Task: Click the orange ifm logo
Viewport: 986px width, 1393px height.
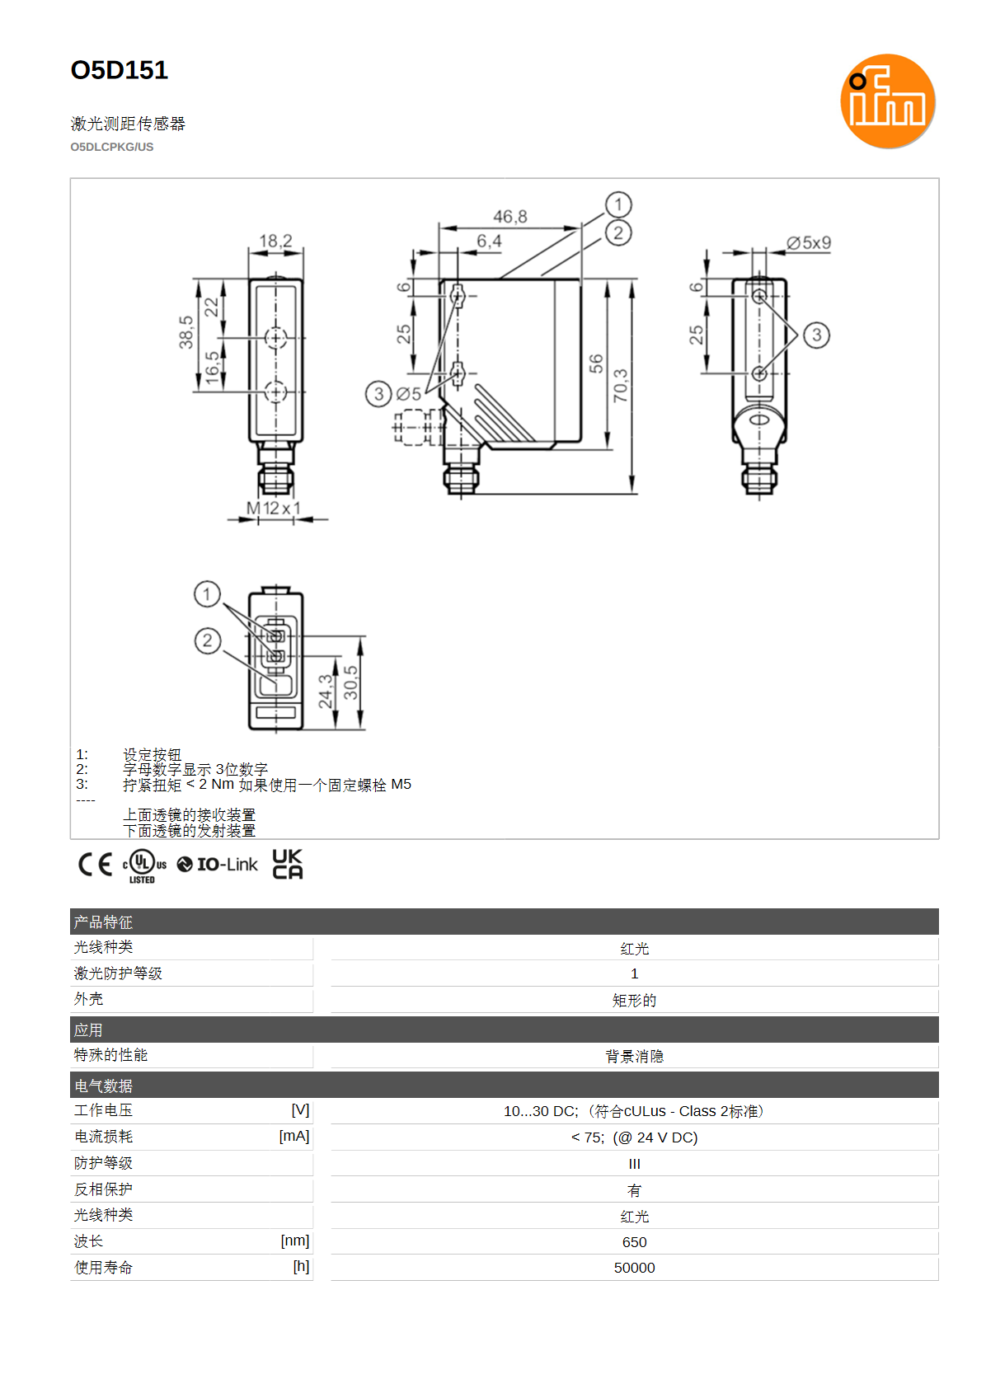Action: (887, 101)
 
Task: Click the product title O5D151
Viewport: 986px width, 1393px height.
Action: (120, 70)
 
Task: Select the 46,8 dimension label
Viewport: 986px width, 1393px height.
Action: (510, 217)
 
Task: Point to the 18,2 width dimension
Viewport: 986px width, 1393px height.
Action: (275, 241)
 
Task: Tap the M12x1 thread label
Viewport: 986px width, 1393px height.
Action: (274, 508)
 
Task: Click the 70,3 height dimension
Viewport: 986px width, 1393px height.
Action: (620, 386)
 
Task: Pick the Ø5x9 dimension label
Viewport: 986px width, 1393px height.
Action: (809, 242)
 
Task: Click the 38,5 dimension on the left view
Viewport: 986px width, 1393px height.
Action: (186, 332)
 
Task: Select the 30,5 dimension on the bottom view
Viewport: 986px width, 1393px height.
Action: (351, 682)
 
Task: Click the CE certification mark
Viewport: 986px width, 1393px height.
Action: (95, 865)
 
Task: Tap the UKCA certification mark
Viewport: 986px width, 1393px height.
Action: (288, 864)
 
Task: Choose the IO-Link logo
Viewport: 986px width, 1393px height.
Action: (217, 865)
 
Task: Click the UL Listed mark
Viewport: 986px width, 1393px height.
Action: (144, 866)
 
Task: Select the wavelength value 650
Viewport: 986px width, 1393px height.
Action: (635, 1242)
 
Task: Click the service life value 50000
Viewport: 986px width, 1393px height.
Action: (635, 1268)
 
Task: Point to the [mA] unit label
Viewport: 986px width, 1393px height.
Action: (294, 1136)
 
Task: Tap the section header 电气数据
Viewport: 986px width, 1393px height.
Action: (103, 1086)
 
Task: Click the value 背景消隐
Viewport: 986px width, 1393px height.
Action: (635, 1056)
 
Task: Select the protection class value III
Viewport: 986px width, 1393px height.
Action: (635, 1164)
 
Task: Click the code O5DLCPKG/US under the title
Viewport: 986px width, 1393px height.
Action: (112, 148)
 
